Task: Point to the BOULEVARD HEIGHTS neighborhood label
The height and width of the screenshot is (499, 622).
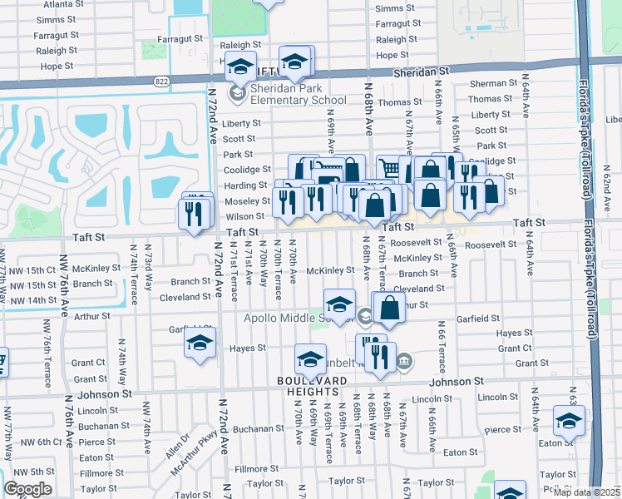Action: (312, 379)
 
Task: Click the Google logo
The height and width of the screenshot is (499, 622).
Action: (27, 488)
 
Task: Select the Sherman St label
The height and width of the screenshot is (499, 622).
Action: (493, 84)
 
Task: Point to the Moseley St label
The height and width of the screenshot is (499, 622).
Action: (242, 201)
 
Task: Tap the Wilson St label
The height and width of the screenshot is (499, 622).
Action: (244, 216)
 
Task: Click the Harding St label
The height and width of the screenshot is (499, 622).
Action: (244, 185)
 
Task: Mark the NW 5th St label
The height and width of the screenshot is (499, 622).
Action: (33, 472)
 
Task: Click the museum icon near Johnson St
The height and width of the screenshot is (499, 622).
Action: (404, 361)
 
